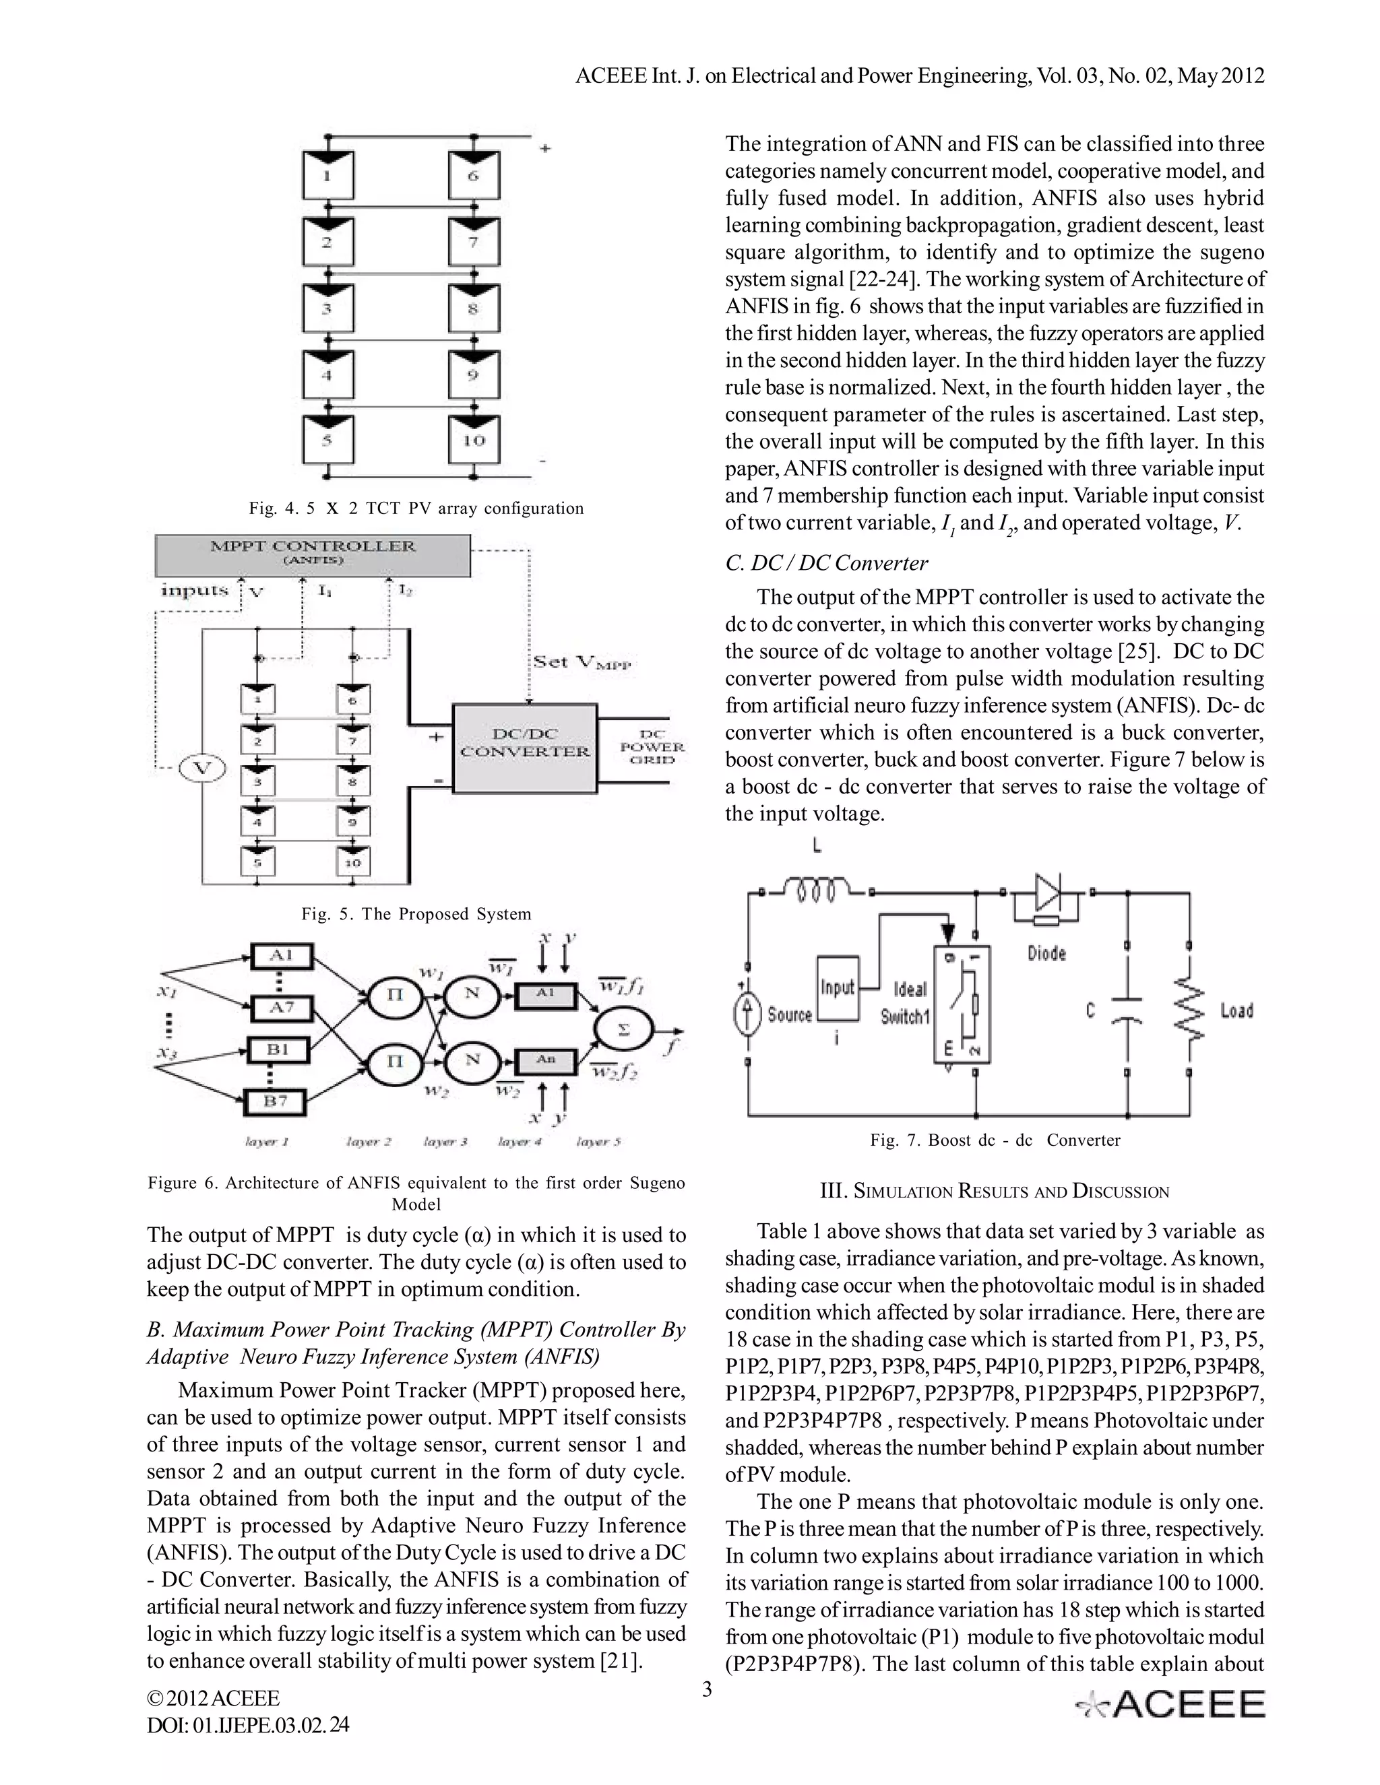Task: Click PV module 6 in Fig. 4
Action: coord(473,176)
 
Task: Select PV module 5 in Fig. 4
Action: coord(327,441)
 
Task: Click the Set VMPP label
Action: coord(582,663)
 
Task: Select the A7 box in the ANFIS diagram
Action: coord(280,1008)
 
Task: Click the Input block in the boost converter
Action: coord(837,989)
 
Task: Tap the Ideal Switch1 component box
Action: coord(962,1004)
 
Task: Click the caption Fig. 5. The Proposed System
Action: coord(416,914)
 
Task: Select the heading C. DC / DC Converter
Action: coord(827,563)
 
